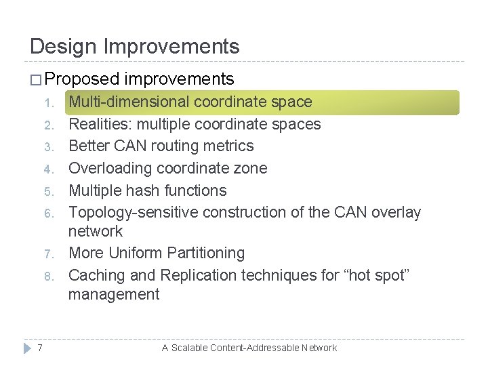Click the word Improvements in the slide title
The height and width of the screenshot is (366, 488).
(171, 47)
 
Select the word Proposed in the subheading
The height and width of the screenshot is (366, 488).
(83, 79)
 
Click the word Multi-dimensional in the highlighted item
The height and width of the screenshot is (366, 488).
(129, 102)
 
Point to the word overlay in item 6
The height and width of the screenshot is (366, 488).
(398, 213)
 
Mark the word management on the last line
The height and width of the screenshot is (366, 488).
(113, 294)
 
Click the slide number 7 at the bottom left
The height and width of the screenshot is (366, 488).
(41, 348)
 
